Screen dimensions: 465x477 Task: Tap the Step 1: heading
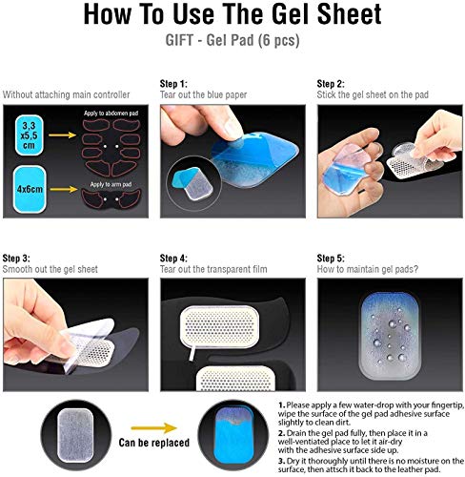(173, 84)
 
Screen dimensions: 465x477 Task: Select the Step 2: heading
(331, 84)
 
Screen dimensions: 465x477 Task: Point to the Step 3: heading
(16, 258)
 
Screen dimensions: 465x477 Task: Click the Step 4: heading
(173, 258)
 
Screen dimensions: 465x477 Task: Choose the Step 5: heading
(331, 258)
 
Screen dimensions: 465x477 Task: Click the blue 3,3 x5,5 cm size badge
(29, 135)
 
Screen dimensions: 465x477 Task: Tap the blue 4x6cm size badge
(30, 189)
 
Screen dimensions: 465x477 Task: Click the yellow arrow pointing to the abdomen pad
(62, 135)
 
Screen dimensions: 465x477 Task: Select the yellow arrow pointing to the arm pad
(64, 190)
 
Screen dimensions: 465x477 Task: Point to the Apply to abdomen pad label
(111, 114)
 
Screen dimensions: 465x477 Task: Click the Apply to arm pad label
(111, 184)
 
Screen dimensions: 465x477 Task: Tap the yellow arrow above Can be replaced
(154, 428)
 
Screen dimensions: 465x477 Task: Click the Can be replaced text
(154, 443)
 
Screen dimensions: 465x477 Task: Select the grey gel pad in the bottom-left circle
(75, 435)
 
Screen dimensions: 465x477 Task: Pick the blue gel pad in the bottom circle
(234, 436)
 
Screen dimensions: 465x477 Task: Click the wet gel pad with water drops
(390, 336)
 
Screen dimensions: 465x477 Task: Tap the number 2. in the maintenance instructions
(281, 433)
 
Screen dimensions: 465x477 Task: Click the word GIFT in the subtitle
(179, 40)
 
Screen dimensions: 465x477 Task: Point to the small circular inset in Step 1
(193, 183)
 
